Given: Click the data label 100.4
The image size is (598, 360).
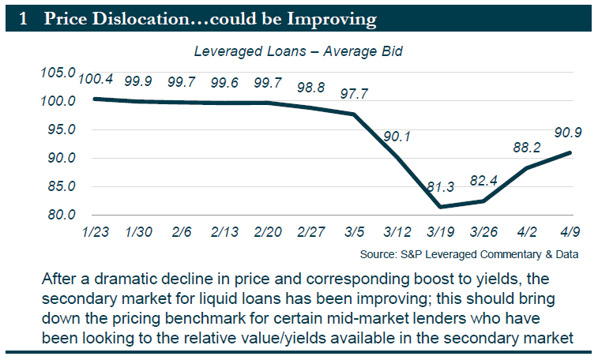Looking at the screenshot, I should coord(96,80).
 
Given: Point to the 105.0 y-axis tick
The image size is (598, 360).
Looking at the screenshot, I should coord(58,73).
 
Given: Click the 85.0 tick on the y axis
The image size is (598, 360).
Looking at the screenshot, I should coord(60,186).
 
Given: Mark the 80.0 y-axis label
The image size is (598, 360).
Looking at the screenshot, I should coord(60,215).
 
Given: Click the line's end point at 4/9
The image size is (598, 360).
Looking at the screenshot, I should coord(570,152).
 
